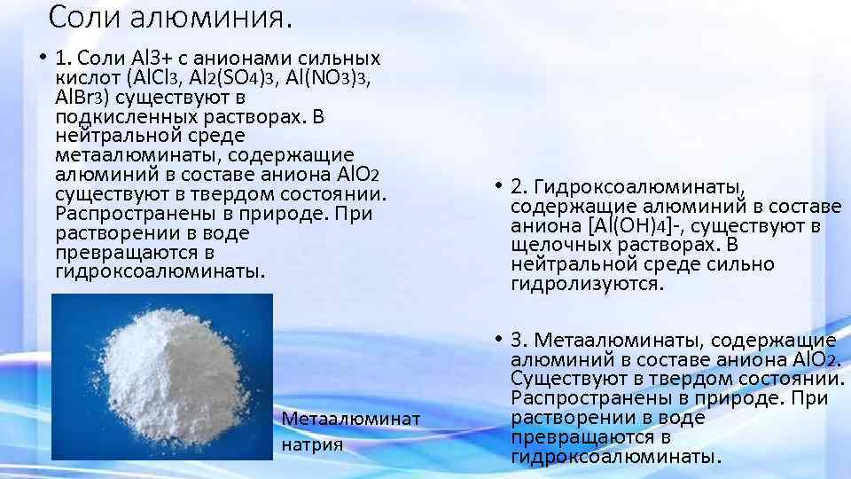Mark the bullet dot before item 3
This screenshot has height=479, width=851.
(500, 340)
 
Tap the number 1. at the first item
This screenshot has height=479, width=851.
(63, 59)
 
